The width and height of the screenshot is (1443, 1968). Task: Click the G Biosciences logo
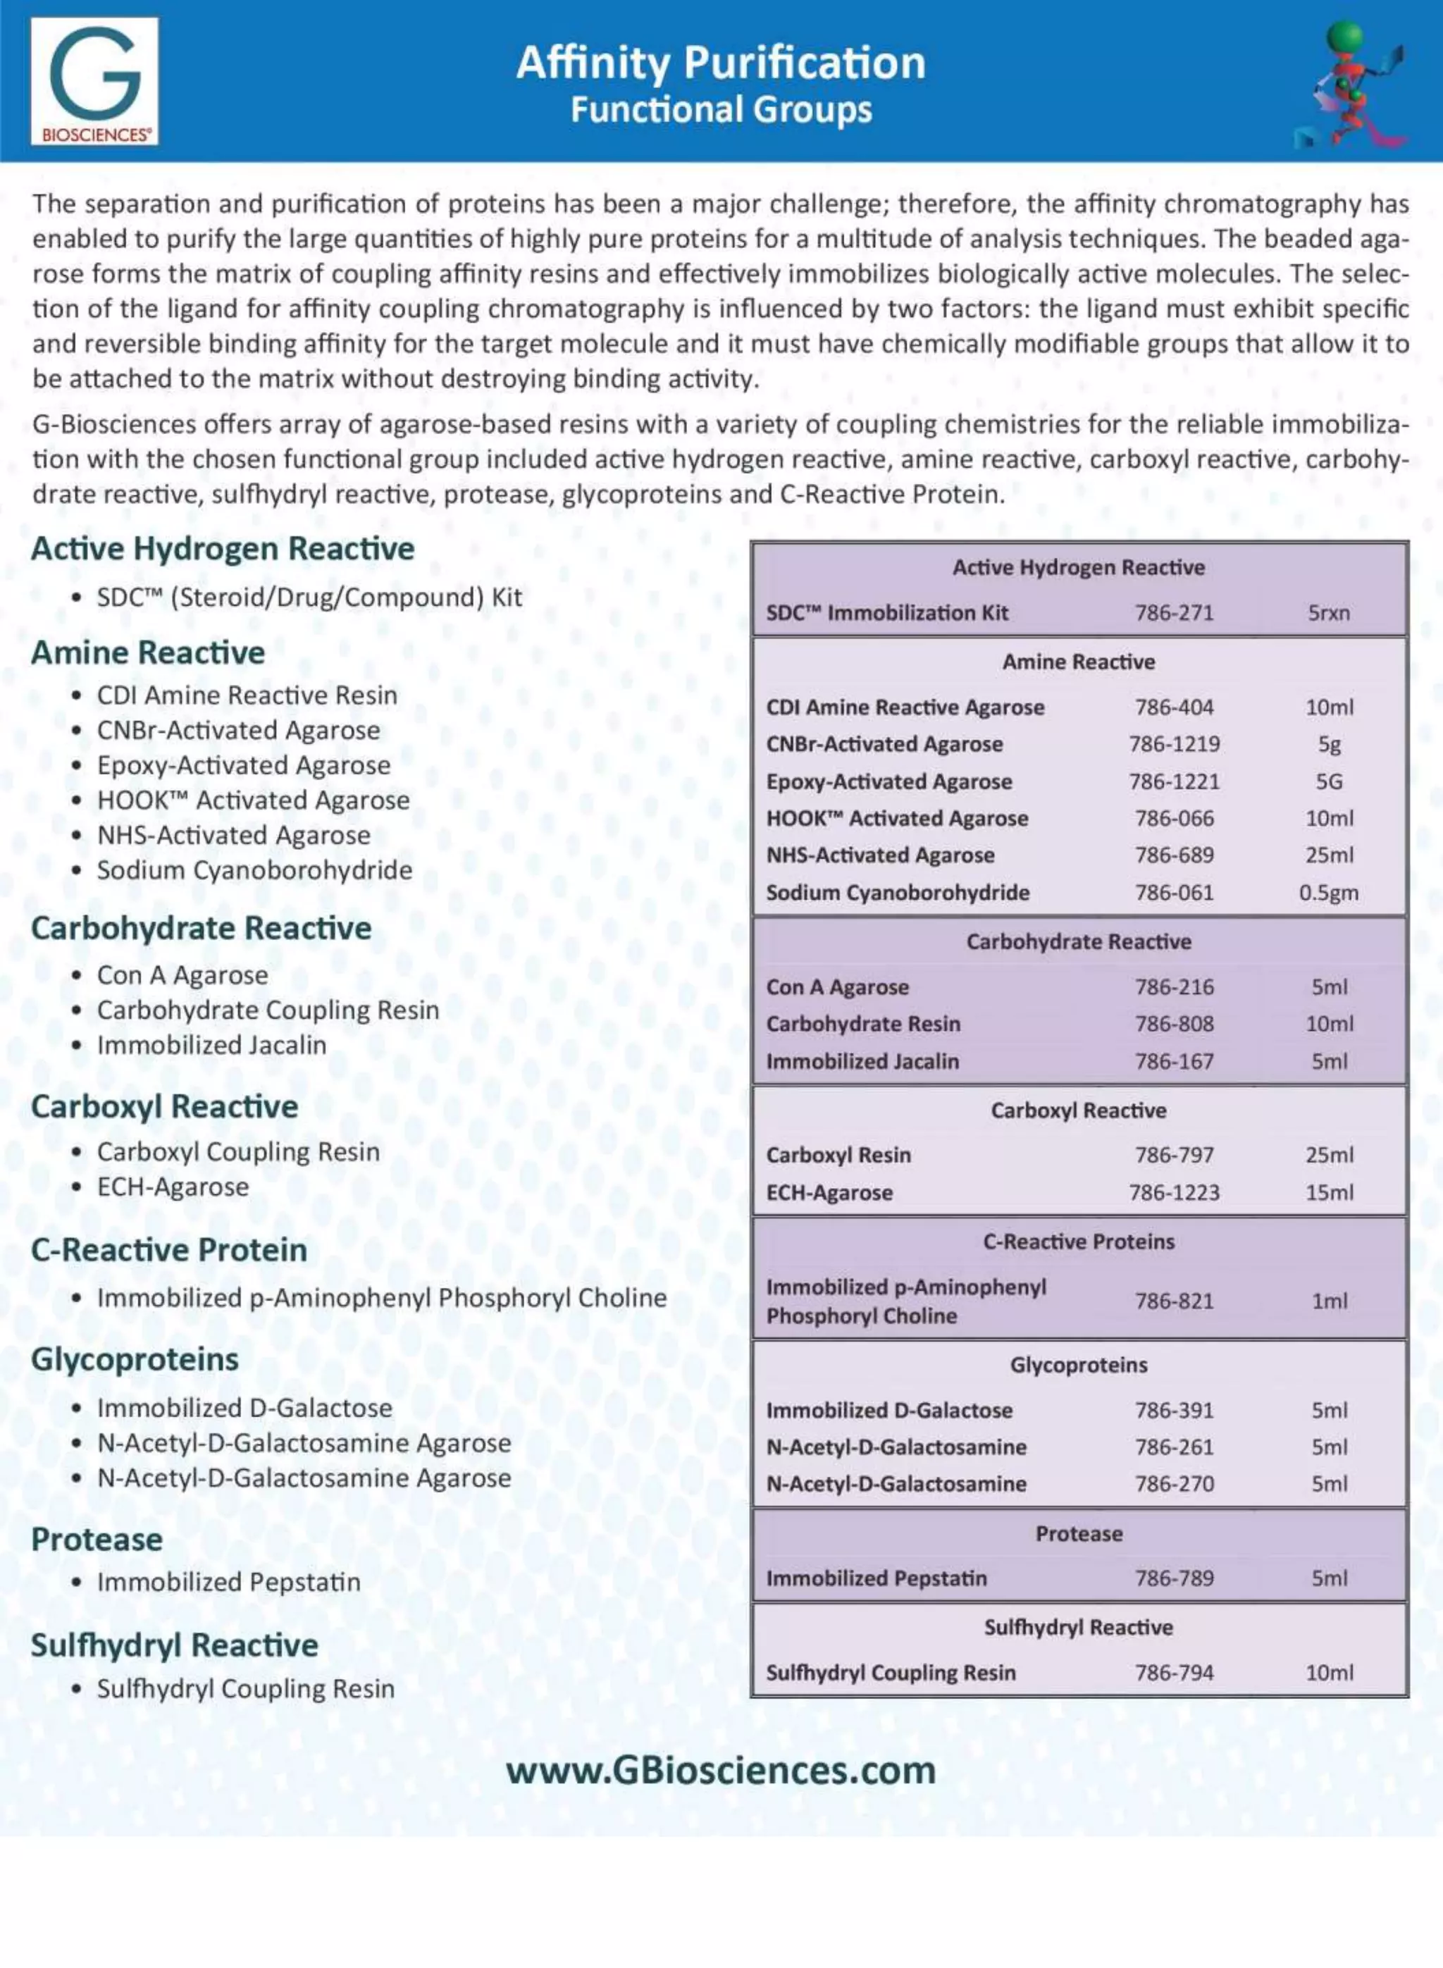coord(94,80)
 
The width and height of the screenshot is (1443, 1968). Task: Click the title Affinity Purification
coord(721,63)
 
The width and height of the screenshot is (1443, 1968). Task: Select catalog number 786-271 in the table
coord(1174,612)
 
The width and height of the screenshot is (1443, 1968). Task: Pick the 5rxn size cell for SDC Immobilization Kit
coord(1329,612)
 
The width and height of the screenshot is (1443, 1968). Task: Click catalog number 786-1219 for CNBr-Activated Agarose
coord(1174,744)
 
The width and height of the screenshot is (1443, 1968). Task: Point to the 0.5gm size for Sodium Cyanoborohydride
coord(1329,893)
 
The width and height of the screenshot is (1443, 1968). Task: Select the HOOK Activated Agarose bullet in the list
coord(252,800)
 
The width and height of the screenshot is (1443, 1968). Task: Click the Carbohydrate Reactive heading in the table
coord(1079,941)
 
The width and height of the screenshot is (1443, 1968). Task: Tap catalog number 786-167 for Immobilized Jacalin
coord(1174,1061)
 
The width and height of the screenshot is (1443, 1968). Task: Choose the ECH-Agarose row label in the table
coord(829,1192)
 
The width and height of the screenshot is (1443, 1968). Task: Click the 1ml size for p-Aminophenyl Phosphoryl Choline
coord(1329,1301)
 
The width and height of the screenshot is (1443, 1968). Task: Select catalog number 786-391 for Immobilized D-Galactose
coord(1174,1410)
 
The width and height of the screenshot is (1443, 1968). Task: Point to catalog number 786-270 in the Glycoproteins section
coord(1174,1483)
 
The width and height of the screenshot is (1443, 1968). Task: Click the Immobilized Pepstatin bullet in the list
coord(228,1582)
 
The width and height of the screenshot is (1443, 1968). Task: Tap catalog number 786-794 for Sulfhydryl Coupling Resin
coord(1174,1672)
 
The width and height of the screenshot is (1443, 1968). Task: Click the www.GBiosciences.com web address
coord(721,1771)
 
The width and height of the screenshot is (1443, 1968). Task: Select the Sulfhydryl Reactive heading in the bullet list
coord(175,1645)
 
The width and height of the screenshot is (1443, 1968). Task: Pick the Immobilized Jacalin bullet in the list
coord(211,1045)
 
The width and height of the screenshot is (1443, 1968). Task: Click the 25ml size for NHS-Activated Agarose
coord(1329,855)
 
